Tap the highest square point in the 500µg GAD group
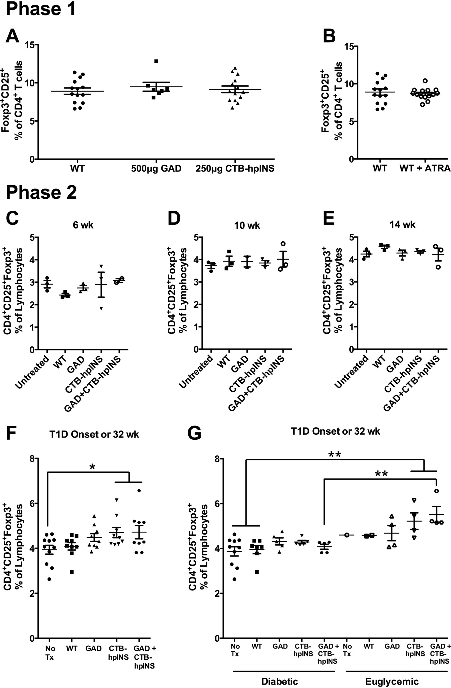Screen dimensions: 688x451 [x=156, y=61]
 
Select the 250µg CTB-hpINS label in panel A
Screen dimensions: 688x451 [x=235, y=168]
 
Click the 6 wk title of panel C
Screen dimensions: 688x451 [x=83, y=225]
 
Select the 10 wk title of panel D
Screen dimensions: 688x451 [x=247, y=225]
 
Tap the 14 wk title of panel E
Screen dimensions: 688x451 [x=402, y=225]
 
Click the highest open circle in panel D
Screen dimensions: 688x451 [x=283, y=243]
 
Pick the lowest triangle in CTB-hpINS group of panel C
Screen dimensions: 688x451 [x=101, y=308]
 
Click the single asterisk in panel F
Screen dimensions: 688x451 [x=92, y=467]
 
